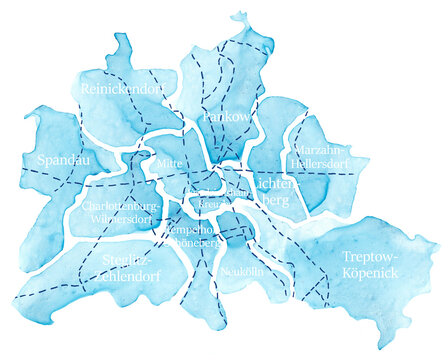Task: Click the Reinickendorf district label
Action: (x=122, y=89)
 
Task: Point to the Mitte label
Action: (x=170, y=162)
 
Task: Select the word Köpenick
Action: (x=369, y=272)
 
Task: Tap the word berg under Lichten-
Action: (x=272, y=200)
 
